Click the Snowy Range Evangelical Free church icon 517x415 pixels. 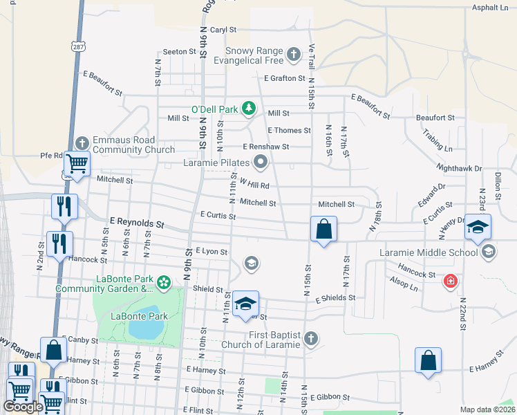pos(293,54)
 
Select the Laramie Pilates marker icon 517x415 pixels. pos(261,163)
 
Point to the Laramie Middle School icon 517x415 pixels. pos(489,252)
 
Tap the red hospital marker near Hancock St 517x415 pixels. pos(451,281)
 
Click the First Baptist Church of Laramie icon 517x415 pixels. pos(311,339)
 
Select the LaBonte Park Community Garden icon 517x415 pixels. pos(164,282)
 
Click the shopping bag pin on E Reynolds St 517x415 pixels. pos(323,229)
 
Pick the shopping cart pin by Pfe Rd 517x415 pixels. pos(77,165)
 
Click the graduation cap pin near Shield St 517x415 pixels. pos(245,304)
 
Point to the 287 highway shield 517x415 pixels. pos(78,46)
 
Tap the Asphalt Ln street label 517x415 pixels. pos(489,8)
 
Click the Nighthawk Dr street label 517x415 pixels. pos(459,168)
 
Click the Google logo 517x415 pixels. pos(23,407)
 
